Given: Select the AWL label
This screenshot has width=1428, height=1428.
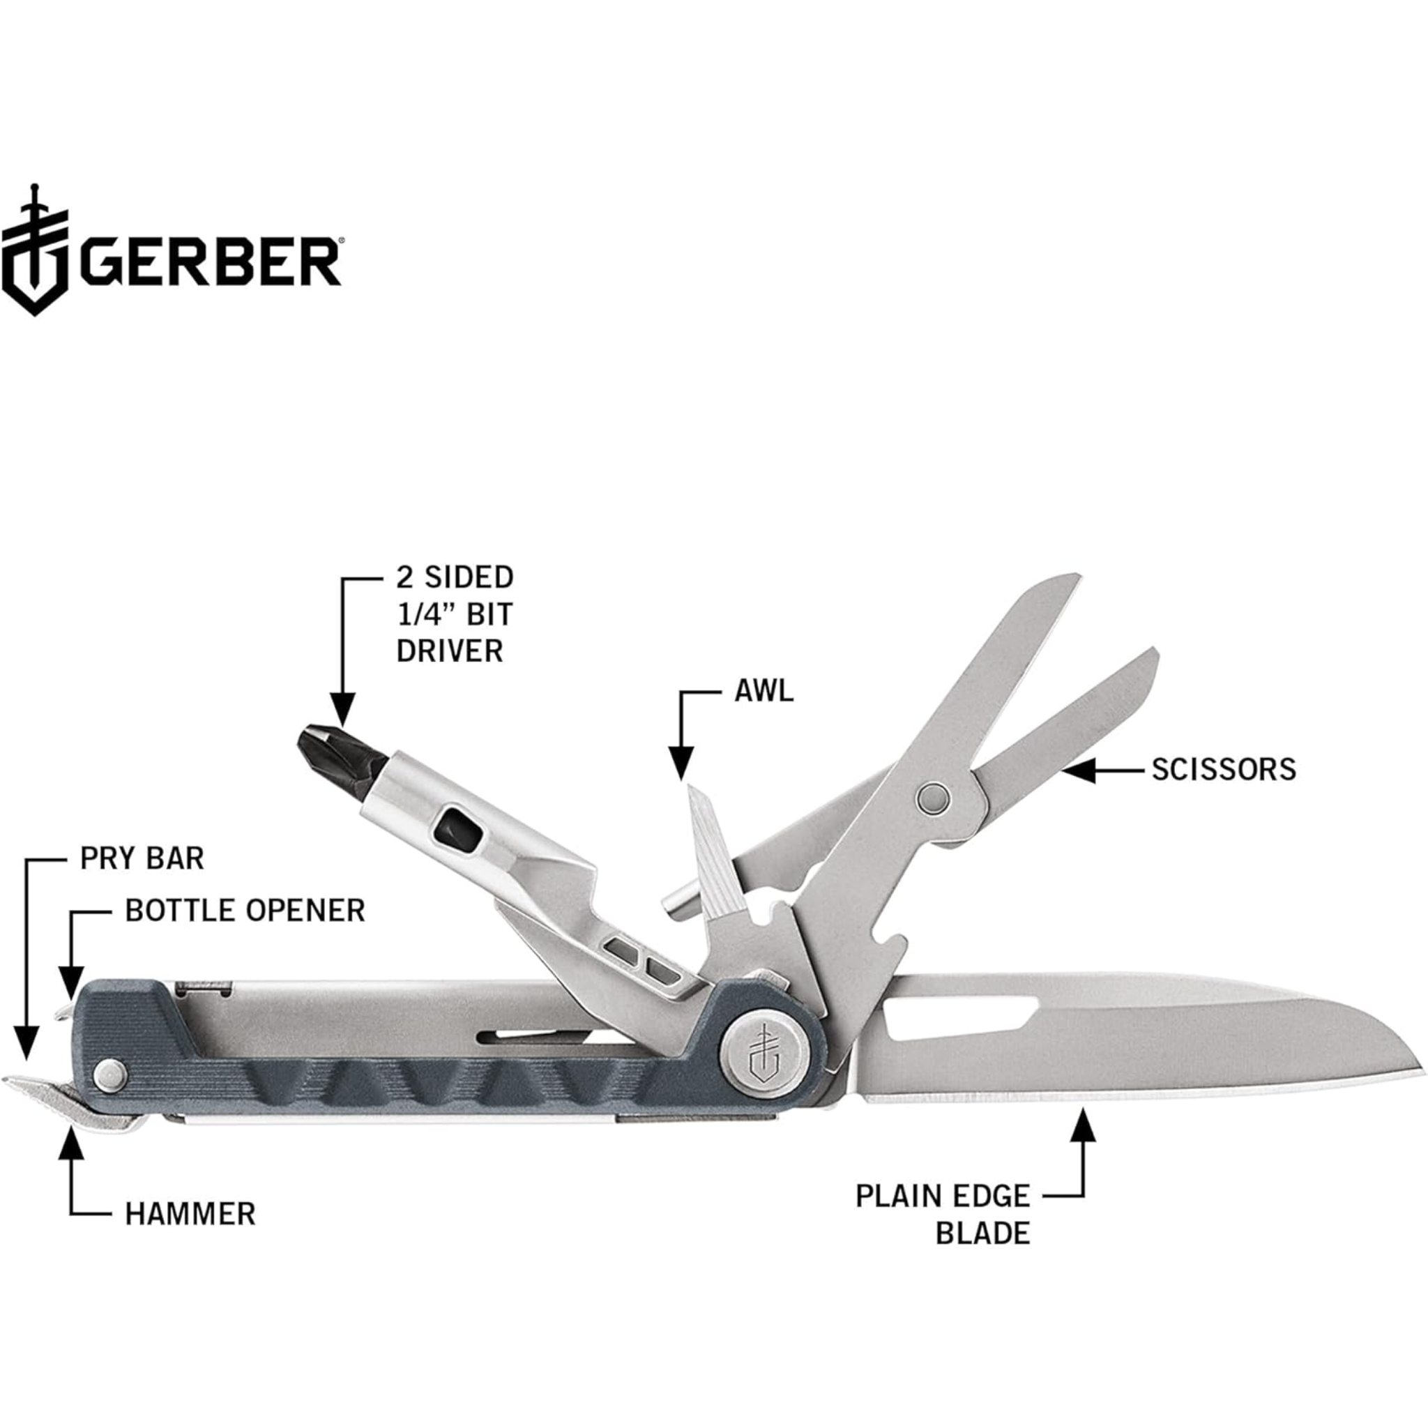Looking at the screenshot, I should point(764,691).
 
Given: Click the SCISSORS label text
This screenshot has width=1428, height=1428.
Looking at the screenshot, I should point(1223,770).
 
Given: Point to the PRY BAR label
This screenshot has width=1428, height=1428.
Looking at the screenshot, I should point(142,858).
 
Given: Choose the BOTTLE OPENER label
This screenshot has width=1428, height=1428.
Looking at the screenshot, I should point(245,911).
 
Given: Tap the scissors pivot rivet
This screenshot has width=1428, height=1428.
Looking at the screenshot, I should point(932,798).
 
